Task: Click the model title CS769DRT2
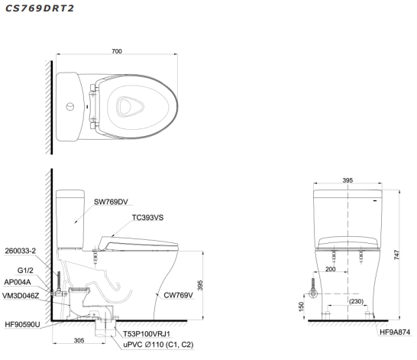pyautogui.click(x=40, y=8)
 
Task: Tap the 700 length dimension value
pyautogui.click(x=117, y=51)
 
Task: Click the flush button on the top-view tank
pyautogui.click(x=70, y=107)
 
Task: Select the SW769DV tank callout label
pyautogui.click(x=111, y=202)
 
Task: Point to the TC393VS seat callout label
pyautogui.click(x=148, y=218)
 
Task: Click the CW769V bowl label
pyautogui.click(x=178, y=295)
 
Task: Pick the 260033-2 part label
pyautogui.click(x=21, y=251)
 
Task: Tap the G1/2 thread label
pyautogui.click(x=25, y=271)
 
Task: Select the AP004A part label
pyautogui.click(x=18, y=282)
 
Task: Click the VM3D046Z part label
pyautogui.click(x=21, y=296)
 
